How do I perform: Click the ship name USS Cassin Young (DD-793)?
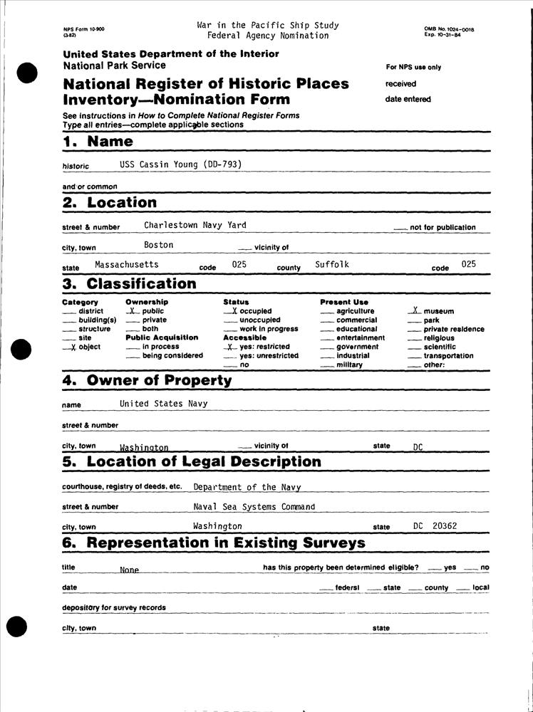click(x=181, y=164)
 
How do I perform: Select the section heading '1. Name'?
click(x=98, y=141)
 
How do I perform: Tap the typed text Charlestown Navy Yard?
click(x=195, y=225)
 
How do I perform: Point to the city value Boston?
click(x=158, y=245)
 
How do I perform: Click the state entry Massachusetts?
click(x=126, y=264)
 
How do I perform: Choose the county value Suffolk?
click(x=332, y=265)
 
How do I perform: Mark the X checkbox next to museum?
click(x=415, y=311)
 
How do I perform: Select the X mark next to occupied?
click(x=234, y=311)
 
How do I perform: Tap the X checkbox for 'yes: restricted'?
click(x=229, y=347)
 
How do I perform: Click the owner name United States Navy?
click(x=163, y=404)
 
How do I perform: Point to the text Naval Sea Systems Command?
click(x=254, y=507)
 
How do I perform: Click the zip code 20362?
click(x=445, y=526)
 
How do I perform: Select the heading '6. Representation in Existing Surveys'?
click(x=214, y=543)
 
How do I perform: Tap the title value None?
click(x=129, y=570)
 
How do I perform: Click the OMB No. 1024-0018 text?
click(x=449, y=28)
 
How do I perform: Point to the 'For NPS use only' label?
click(x=413, y=68)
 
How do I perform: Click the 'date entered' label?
click(x=408, y=100)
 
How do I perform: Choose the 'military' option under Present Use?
click(x=349, y=365)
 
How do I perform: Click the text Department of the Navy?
click(x=247, y=488)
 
